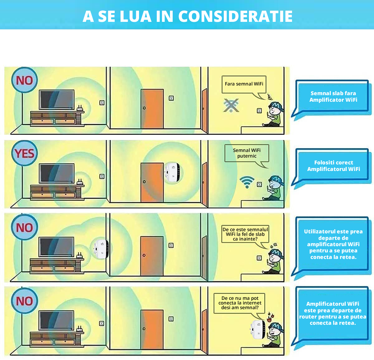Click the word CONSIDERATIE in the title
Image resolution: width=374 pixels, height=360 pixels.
pyautogui.click(x=235, y=16)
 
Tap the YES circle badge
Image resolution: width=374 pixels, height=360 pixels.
pyautogui.click(x=24, y=153)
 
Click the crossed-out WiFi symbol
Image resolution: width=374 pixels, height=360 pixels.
pyautogui.click(x=231, y=105)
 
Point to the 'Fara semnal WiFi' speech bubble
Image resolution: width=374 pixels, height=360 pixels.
pyautogui.click(x=244, y=85)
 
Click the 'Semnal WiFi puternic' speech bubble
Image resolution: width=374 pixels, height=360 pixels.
pyautogui.click(x=247, y=153)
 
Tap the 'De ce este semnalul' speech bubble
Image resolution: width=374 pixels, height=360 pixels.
pyautogui.click(x=245, y=235)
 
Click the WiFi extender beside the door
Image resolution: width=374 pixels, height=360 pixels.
pyautogui.click(x=172, y=172)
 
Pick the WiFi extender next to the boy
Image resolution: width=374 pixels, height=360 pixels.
pyautogui.click(x=258, y=330)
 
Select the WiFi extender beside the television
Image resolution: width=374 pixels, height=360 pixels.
pyautogui.click(x=101, y=249)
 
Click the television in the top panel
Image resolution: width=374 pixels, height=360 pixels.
pyautogui.click(x=57, y=100)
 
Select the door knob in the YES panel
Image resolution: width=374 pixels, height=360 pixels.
pyautogui.click(x=144, y=182)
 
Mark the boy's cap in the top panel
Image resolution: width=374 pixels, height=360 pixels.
pyautogui.click(x=276, y=106)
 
